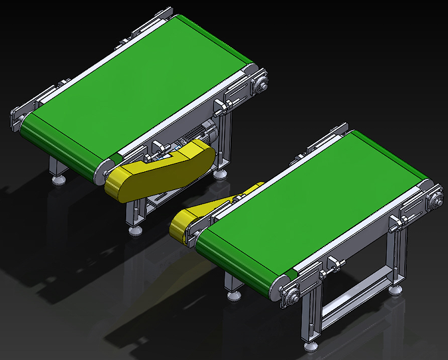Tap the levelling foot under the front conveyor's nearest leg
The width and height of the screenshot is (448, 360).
(311, 346)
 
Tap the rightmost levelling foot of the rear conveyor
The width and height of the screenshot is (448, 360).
(219, 173)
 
